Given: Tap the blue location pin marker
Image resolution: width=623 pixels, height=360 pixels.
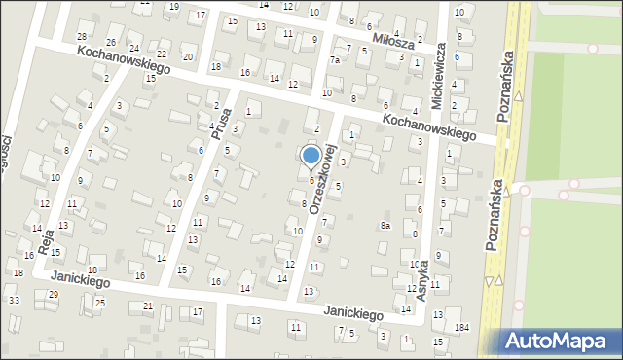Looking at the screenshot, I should (x=311, y=156).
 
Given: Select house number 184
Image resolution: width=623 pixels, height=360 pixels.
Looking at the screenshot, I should (x=461, y=326).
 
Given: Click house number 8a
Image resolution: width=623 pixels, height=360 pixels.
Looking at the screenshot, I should (x=385, y=226).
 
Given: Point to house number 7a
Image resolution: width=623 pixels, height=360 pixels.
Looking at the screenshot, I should (x=334, y=59).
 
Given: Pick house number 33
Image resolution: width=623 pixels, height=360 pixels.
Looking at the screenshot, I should (x=14, y=300).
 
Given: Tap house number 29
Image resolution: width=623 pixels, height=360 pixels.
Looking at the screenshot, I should (x=53, y=294).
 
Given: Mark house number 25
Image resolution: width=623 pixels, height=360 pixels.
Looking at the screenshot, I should (x=100, y=304).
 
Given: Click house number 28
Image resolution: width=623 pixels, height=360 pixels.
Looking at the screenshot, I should (x=82, y=36).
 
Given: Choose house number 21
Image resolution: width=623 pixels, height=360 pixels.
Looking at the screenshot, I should (x=148, y=306).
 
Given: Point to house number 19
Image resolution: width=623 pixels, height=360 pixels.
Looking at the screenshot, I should (x=173, y=7).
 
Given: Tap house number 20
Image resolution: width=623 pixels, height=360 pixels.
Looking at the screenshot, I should (x=188, y=56).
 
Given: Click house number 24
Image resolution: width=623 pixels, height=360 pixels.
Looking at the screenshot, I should (x=133, y=48).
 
